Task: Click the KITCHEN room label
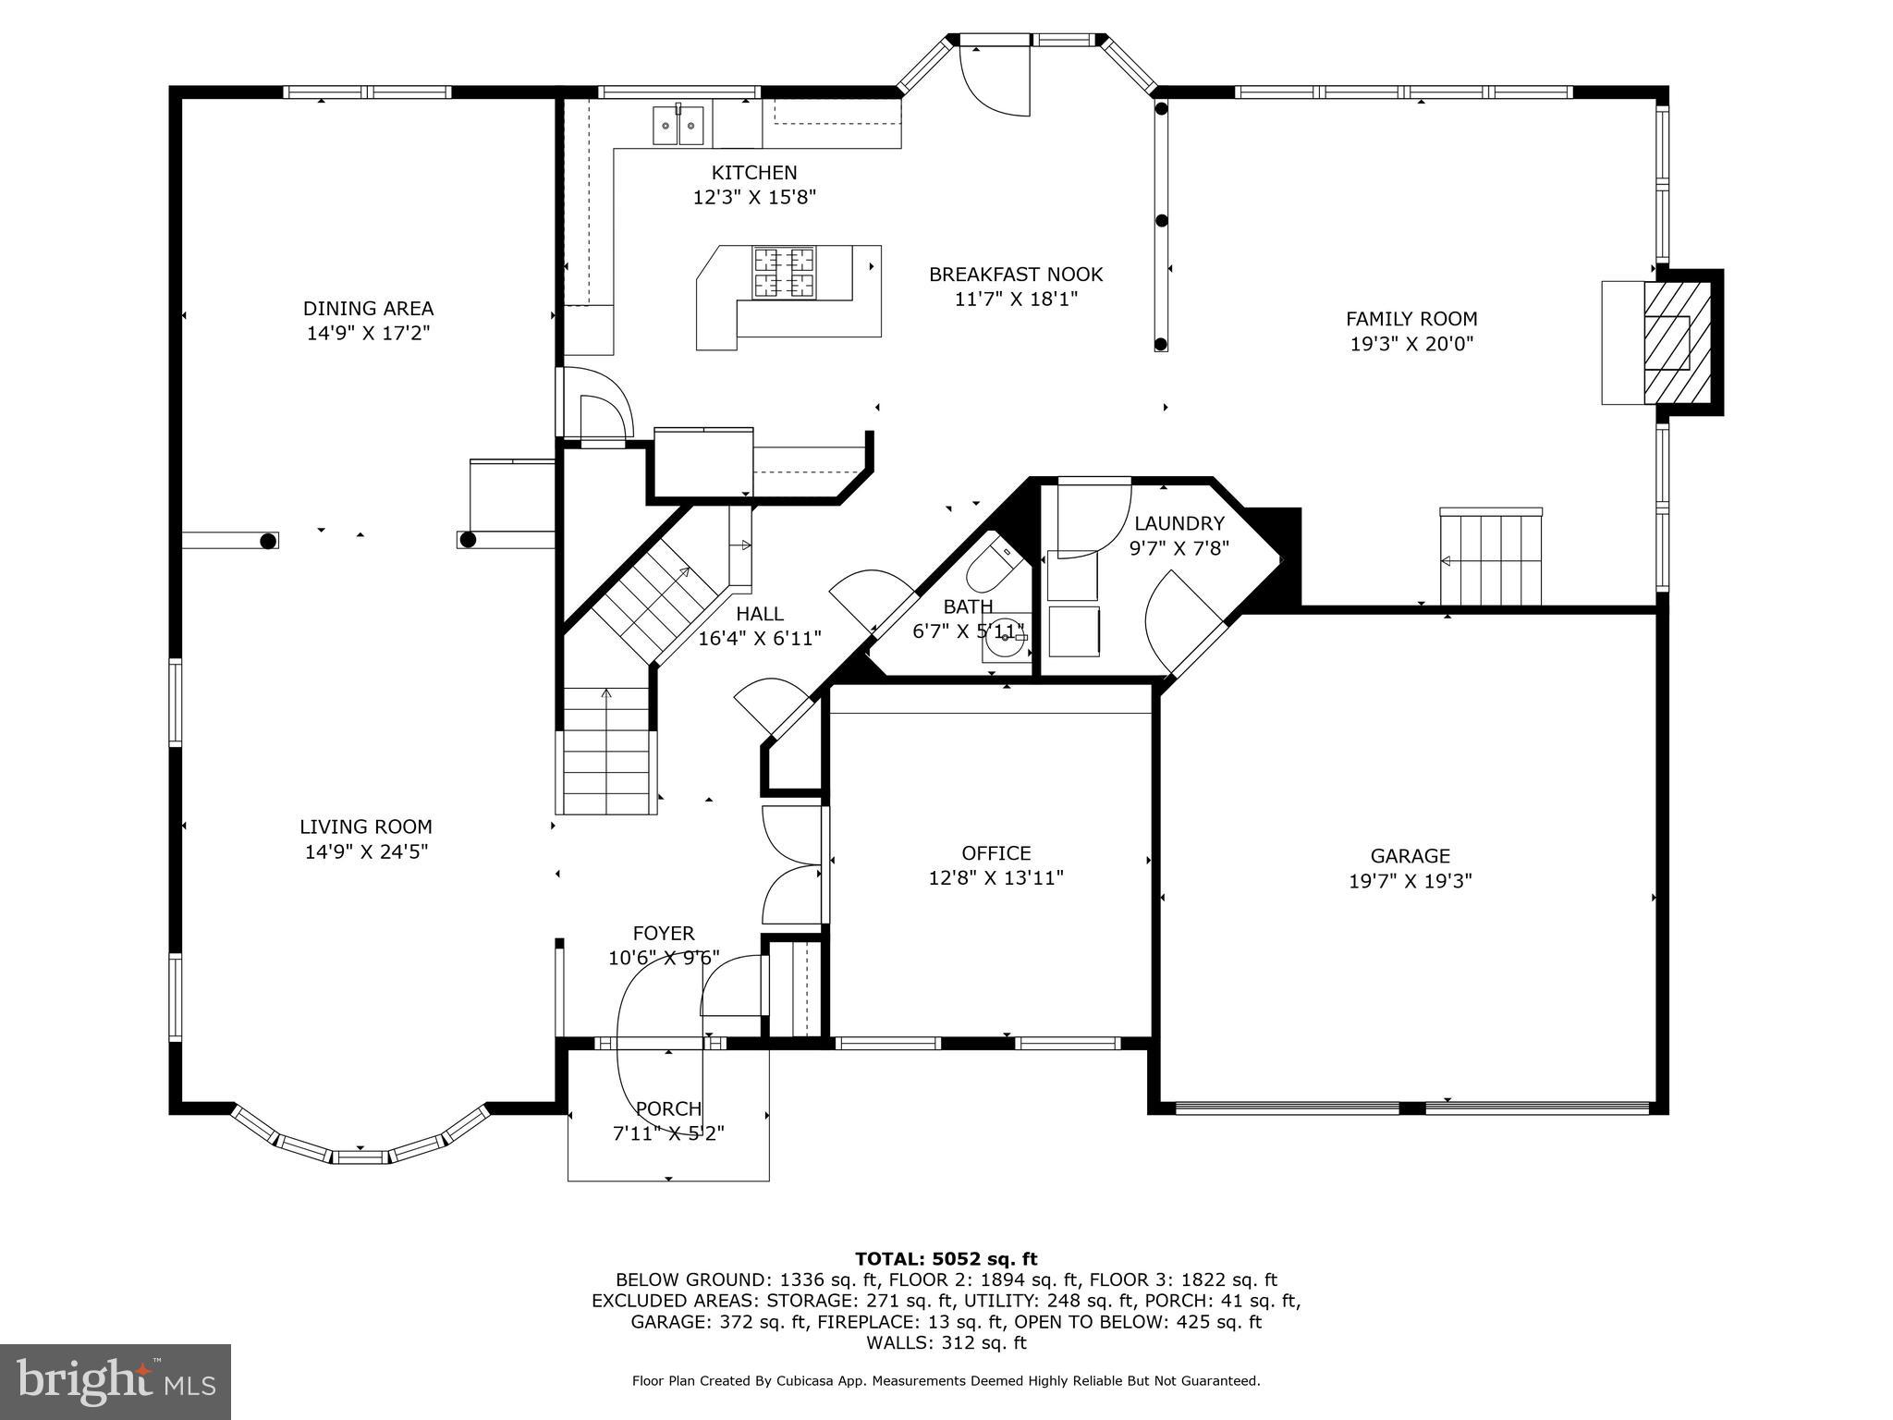pos(753,173)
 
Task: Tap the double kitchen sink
pos(678,126)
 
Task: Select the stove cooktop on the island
pos(785,273)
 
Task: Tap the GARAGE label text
pos(1410,856)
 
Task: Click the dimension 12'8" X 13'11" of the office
pos(995,878)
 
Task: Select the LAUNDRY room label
pos(1179,524)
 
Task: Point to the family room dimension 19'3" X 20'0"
pos(1411,345)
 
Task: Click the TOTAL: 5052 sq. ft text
pos(946,1259)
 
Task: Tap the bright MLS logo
pos(116,1381)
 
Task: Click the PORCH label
pos(668,1108)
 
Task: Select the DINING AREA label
pos(368,309)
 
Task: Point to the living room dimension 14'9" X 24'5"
pos(366,852)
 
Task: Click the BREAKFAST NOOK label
pos(1015,275)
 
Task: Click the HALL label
pos(759,614)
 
